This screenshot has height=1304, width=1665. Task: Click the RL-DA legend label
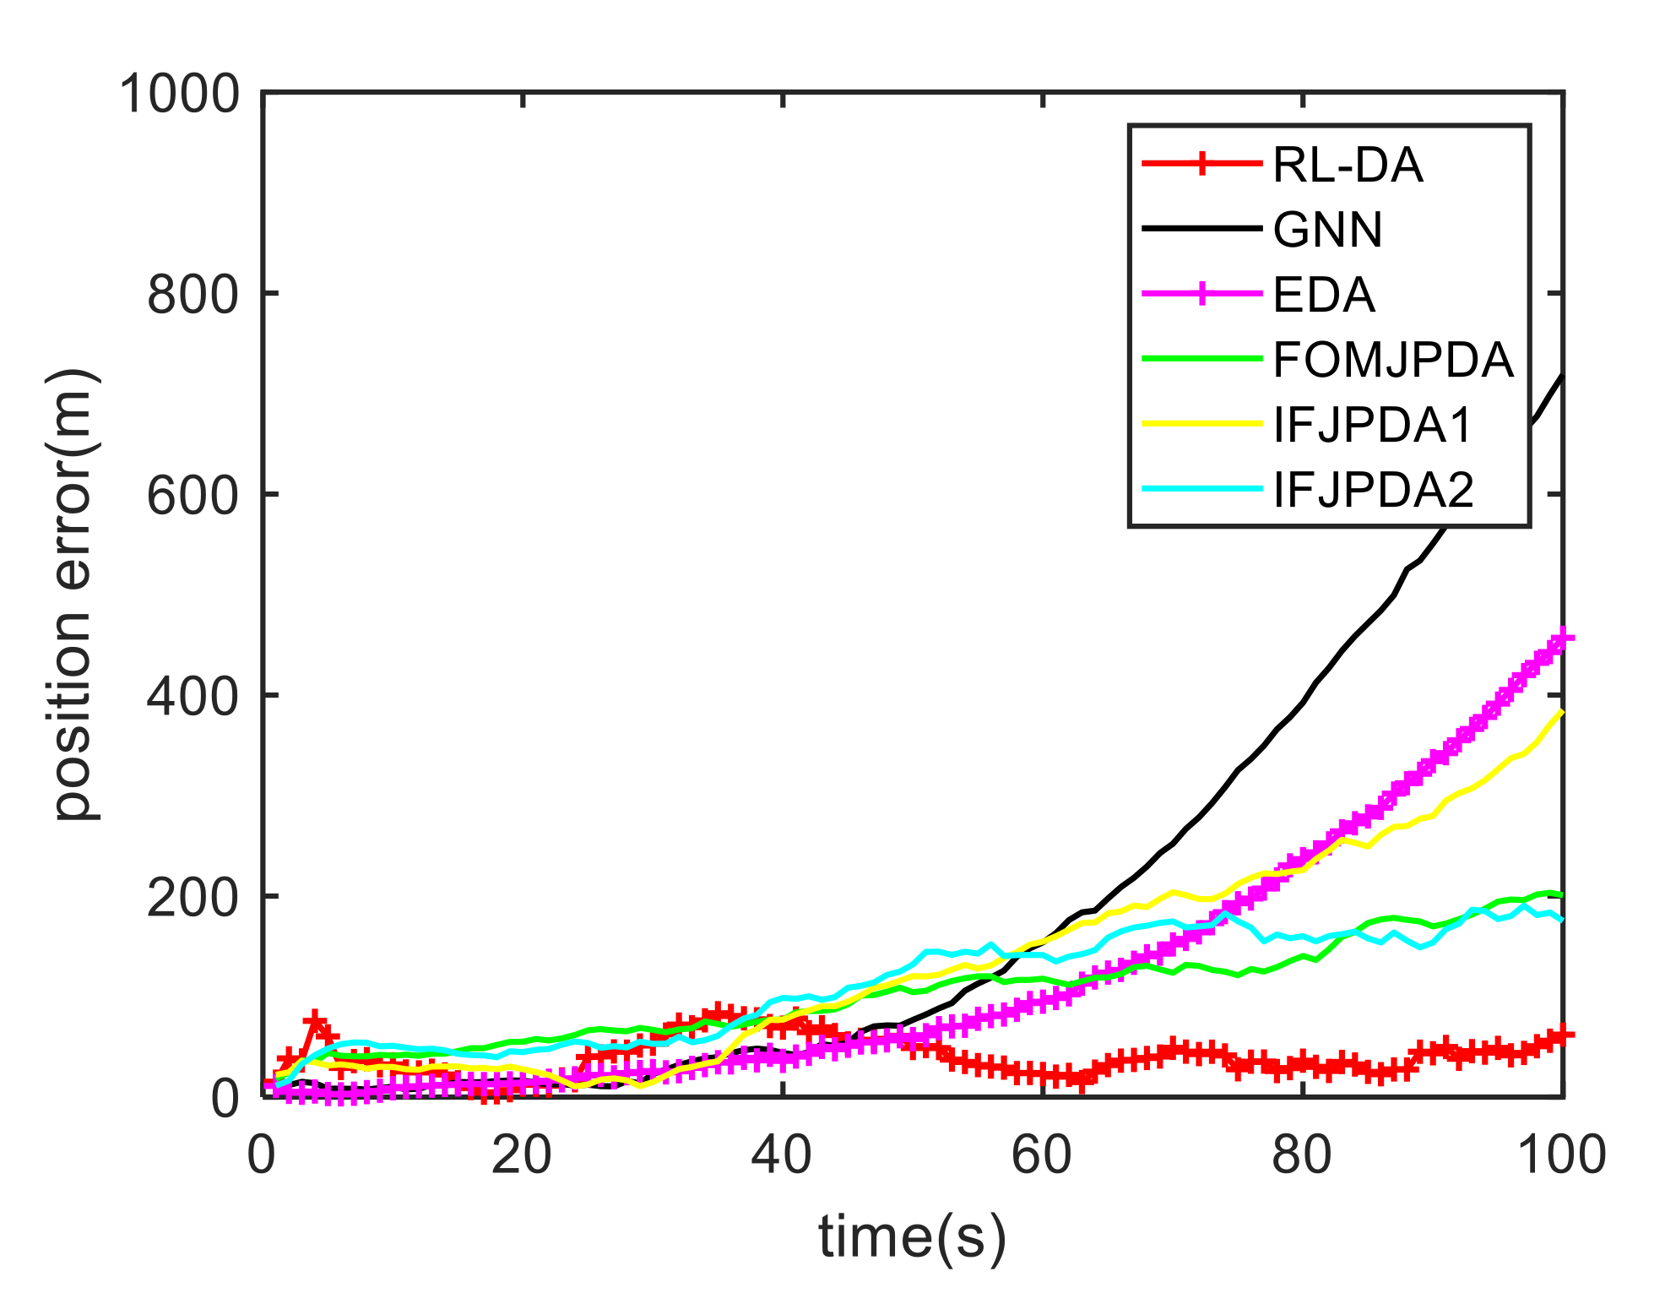1348,165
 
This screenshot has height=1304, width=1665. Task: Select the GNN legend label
1327,230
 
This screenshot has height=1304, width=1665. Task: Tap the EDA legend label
1324,295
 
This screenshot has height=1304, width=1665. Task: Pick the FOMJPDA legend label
1393,360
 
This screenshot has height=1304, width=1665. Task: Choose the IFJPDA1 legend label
1373,425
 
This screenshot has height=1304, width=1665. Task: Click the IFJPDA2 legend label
1373,490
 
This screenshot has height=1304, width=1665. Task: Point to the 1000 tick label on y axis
180,94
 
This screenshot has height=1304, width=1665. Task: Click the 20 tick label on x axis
522,1155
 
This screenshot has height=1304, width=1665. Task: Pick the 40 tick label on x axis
782,1155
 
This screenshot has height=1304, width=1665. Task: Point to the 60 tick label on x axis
1042,1155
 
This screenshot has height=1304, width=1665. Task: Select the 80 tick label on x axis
1302,1155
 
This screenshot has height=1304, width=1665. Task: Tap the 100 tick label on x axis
1561,1155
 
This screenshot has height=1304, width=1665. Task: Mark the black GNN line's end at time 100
1562,376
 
